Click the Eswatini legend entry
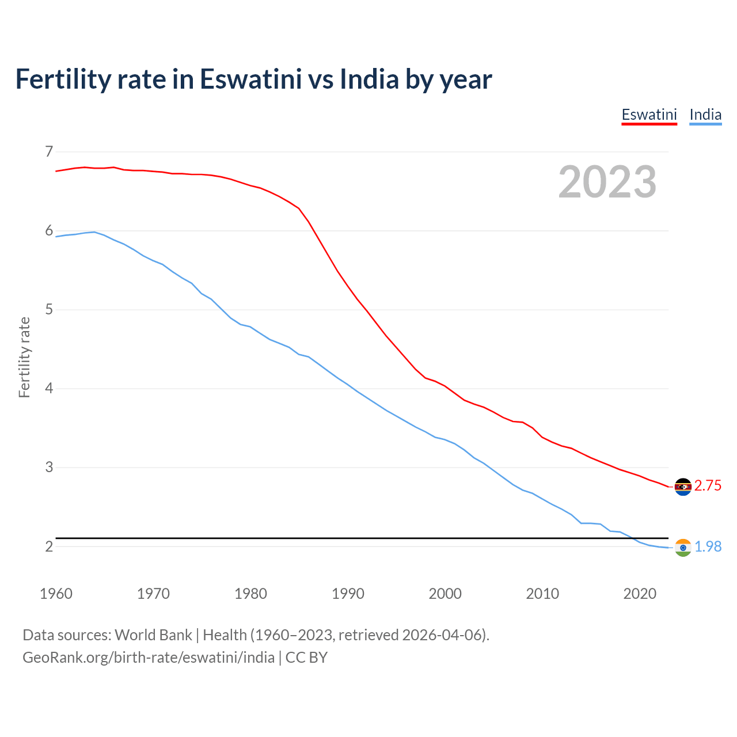(649, 115)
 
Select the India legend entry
(705, 115)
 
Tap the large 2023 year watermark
(607, 182)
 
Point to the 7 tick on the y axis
(49, 152)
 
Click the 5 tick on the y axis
(49, 310)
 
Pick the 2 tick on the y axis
(49, 546)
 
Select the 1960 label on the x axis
(56, 594)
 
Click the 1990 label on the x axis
(348, 594)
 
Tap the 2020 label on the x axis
(640, 594)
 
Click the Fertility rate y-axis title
(24, 357)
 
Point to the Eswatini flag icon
(683, 487)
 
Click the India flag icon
(683, 548)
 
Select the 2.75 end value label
(708, 486)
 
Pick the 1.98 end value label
(708, 547)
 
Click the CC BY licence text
(306, 658)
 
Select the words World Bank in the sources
(153, 635)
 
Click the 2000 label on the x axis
(445, 594)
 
